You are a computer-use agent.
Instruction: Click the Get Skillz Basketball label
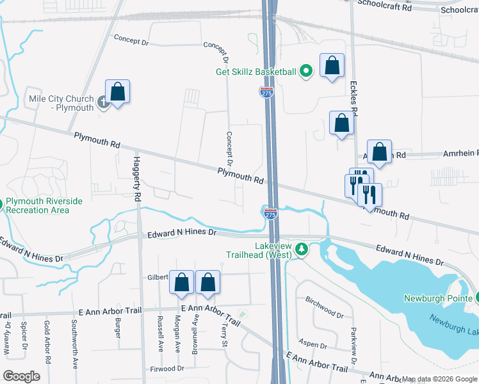(256, 72)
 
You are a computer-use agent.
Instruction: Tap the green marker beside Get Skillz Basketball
(306, 72)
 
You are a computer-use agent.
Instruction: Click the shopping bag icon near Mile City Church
(118, 92)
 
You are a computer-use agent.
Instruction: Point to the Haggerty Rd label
(136, 179)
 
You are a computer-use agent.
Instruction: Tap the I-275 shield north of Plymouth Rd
(267, 92)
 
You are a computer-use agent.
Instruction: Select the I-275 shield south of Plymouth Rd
(270, 214)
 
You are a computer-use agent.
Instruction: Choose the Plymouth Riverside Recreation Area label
(44, 205)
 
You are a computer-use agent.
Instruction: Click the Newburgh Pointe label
(437, 298)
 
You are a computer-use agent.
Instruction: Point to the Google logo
(21, 376)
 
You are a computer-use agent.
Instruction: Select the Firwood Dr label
(166, 369)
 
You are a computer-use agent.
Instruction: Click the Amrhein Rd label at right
(460, 154)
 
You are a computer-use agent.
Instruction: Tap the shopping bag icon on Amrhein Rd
(380, 153)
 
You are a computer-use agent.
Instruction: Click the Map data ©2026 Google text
(440, 379)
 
